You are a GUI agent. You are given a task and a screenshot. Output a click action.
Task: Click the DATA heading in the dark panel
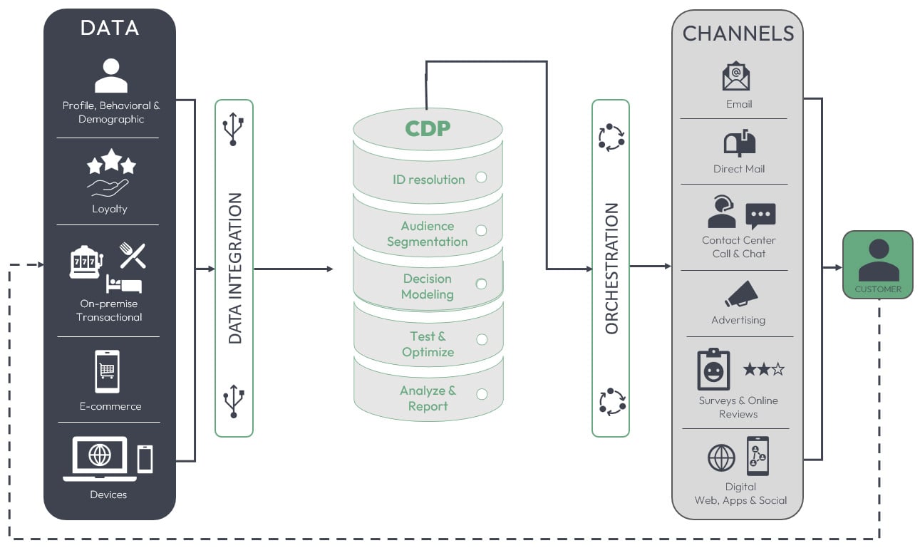109,28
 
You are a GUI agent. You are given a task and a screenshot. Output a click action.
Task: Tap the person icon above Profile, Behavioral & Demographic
110,76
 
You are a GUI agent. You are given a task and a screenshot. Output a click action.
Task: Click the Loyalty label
109,209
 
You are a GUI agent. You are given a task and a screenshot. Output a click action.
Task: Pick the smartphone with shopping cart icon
107,371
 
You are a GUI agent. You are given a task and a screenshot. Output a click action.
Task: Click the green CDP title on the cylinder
428,128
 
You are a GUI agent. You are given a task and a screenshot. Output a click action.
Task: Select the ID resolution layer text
428,180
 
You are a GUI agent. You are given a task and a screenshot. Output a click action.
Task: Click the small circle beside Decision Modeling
482,284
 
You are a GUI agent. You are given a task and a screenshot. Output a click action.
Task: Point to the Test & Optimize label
428,344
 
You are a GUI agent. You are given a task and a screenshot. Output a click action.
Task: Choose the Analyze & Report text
428,398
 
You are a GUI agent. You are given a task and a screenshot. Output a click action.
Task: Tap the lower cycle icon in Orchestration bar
611,402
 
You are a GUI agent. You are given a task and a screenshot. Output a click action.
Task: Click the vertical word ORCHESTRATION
611,269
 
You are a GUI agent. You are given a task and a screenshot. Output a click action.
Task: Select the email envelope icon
736,76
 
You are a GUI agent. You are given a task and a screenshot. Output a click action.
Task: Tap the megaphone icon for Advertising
740,294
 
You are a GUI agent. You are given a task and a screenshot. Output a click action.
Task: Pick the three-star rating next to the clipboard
763,369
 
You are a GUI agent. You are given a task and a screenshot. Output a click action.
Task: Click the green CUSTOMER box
877,264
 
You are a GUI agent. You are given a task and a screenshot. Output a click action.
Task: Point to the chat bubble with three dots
760,214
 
